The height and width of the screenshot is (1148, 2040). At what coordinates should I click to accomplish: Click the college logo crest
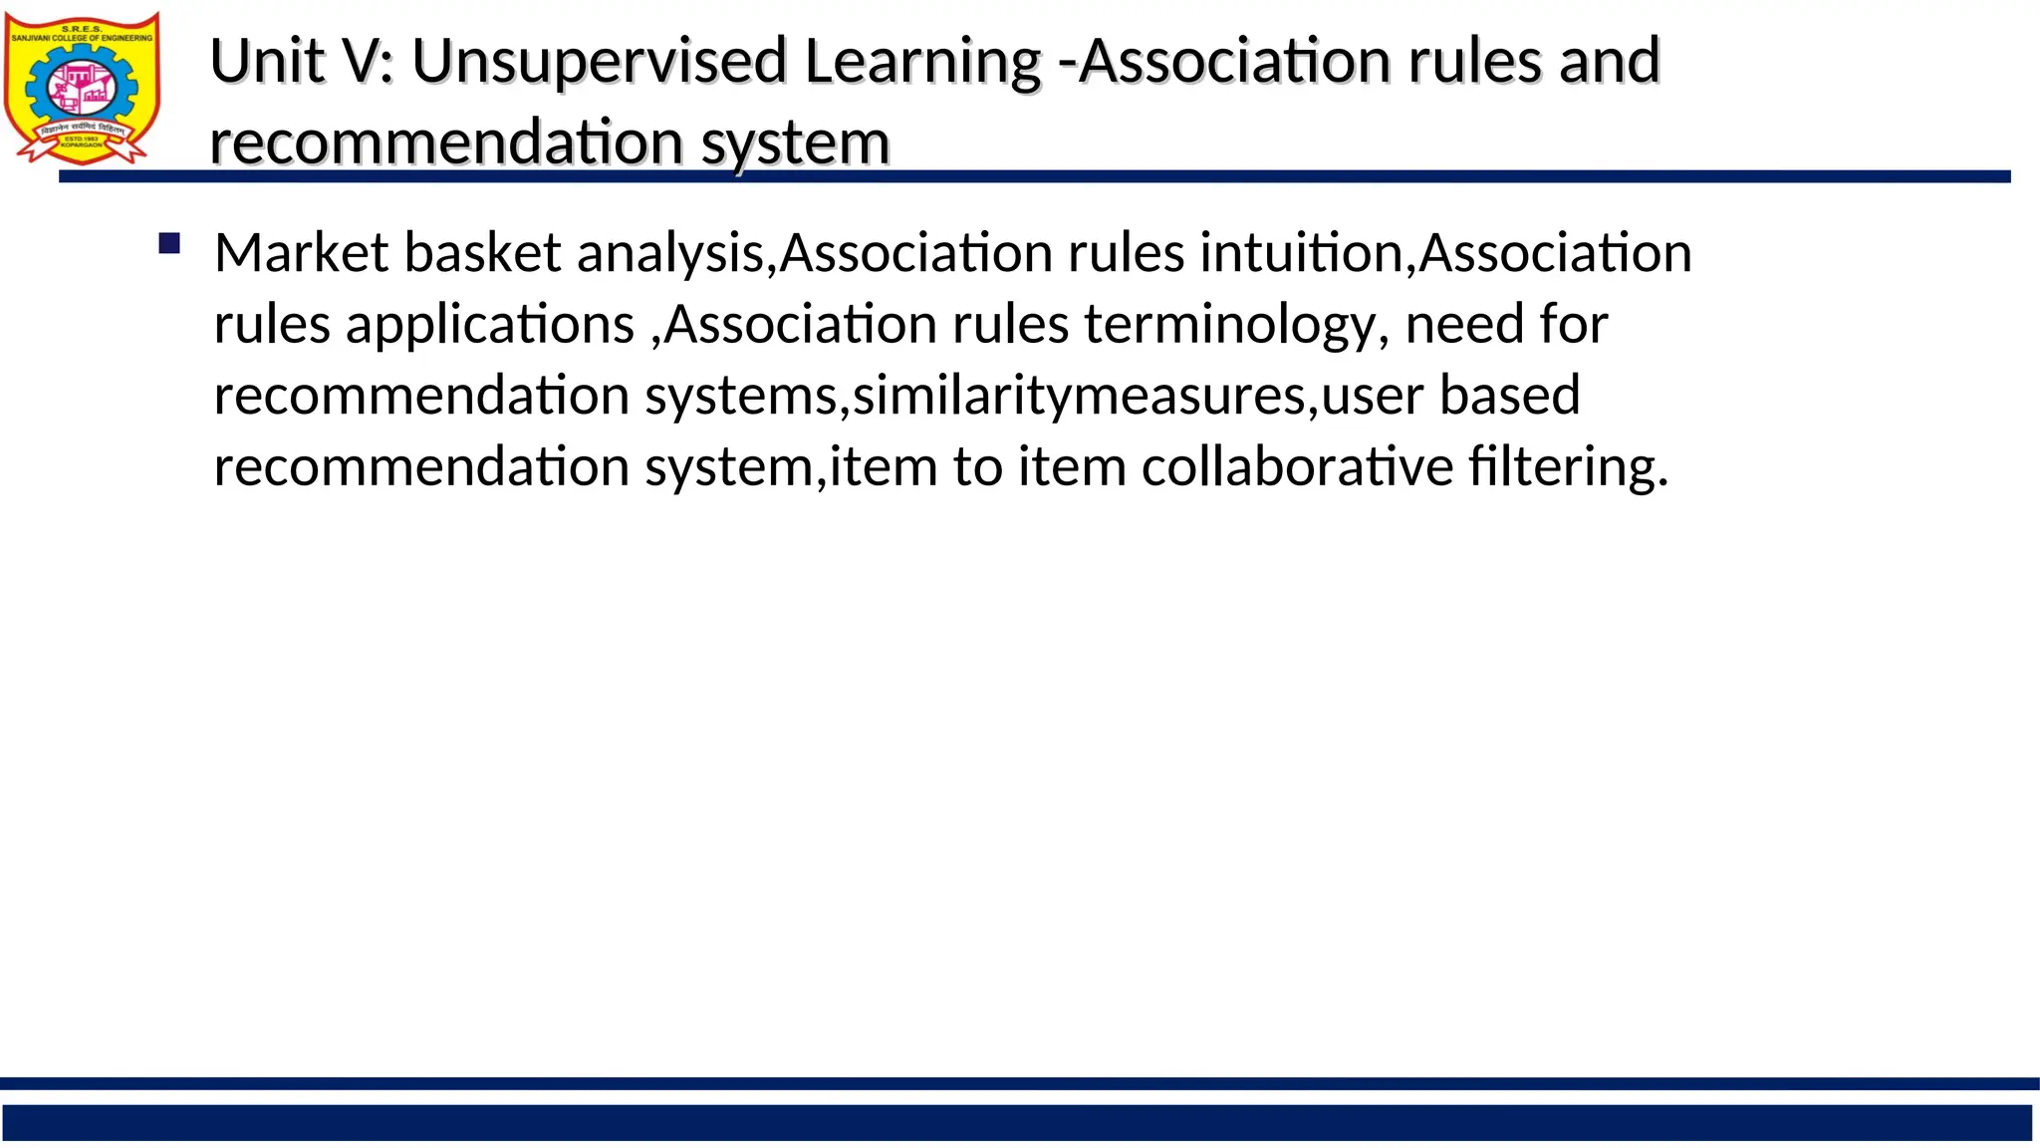click(82, 87)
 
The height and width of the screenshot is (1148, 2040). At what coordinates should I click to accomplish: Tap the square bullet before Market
click(169, 244)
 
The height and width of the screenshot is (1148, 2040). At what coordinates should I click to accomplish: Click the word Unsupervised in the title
click(600, 62)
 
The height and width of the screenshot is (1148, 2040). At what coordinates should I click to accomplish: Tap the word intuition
click(1301, 252)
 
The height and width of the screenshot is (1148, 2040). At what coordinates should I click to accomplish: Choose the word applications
click(490, 325)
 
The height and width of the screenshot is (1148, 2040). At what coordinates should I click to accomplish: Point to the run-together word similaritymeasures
click(1078, 396)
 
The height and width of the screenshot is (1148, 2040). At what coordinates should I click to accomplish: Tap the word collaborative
click(1297, 466)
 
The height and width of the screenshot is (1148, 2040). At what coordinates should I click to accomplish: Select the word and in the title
click(1610, 62)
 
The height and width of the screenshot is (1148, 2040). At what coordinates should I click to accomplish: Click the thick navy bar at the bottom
click(1016, 1122)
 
